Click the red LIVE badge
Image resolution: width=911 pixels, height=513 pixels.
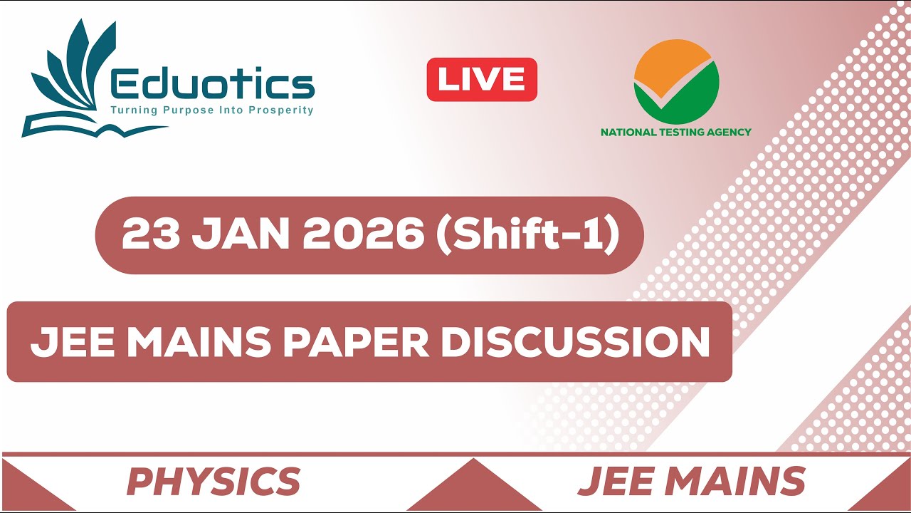482,79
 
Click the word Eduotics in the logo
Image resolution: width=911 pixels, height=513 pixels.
213,86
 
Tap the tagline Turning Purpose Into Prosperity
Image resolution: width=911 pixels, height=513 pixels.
211,110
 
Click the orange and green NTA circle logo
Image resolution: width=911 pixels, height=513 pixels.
676,81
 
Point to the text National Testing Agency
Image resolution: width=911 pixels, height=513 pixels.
676,132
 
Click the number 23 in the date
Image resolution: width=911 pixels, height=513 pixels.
150,234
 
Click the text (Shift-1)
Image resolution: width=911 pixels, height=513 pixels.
528,234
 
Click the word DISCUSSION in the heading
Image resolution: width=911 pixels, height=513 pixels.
575,342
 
